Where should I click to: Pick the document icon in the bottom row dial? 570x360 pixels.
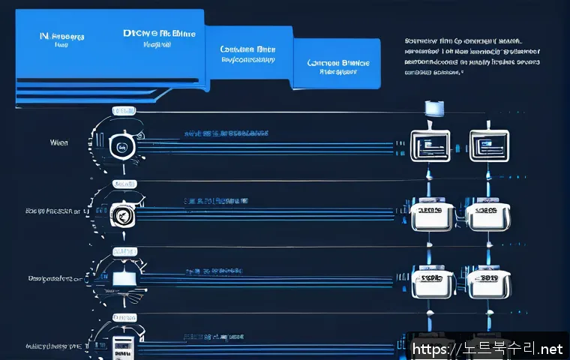(x=121, y=346)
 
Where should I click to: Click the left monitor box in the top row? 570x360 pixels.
(x=430, y=142)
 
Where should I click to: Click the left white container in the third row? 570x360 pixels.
(x=430, y=283)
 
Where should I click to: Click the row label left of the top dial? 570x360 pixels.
(x=59, y=142)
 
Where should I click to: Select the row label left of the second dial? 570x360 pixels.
(x=52, y=212)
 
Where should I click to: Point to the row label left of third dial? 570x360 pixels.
(x=54, y=278)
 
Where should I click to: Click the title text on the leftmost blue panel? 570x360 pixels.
(x=61, y=36)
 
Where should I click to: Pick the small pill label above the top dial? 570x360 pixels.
(x=123, y=110)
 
